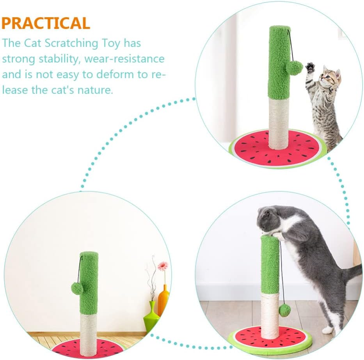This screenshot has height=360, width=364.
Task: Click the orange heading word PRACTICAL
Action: [46, 23]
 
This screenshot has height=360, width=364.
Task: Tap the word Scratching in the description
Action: [71, 43]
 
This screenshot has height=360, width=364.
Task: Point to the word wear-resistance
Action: [124, 59]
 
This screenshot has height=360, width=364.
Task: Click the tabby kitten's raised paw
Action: [310, 67]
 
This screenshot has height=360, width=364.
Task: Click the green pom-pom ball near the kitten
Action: [294, 68]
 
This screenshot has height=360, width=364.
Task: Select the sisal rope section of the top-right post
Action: [279, 124]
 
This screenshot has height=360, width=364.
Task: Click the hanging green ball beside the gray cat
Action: [285, 311]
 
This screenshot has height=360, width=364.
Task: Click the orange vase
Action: [163, 299]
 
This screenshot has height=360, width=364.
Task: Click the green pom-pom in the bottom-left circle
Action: [77, 288]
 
